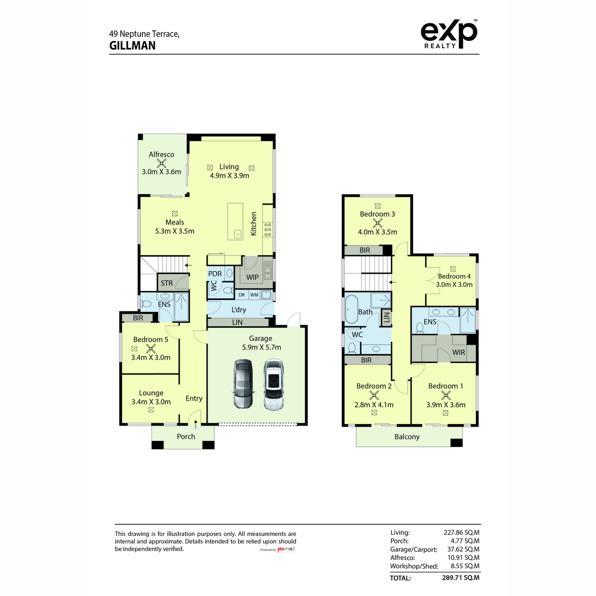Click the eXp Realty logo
[x=449, y=34]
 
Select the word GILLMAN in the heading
[x=133, y=46]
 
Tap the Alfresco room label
[x=161, y=154]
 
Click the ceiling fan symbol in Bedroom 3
[x=377, y=223]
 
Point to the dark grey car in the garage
[x=243, y=384]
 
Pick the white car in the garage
[x=274, y=384]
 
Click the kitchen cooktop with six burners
[x=268, y=230]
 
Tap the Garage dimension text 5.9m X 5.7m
[x=261, y=347]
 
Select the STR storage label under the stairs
[x=167, y=283]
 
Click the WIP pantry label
[x=252, y=277]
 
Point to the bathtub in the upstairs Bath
[x=351, y=309]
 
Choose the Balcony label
[x=407, y=437]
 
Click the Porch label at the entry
[x=186, y=437]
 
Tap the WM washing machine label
[x=254, y=295]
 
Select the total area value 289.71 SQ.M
[x=460, y=578]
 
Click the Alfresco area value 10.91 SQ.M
[x=463, y=557]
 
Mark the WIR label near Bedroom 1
[x=458, y=352]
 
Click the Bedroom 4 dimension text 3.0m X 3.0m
[x=454, y=285]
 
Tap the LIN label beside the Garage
[x=237, y=322]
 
